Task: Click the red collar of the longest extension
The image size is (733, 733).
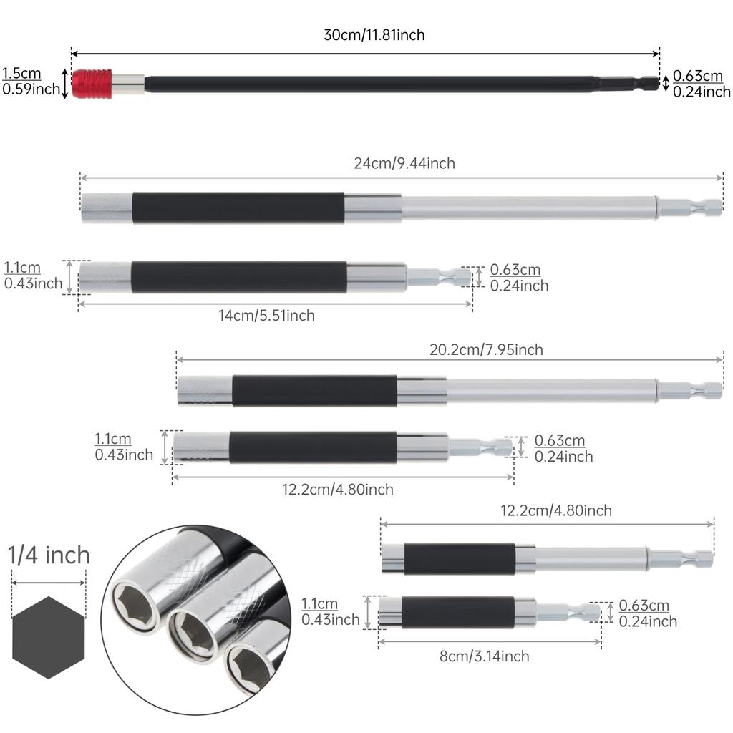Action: [92, 84]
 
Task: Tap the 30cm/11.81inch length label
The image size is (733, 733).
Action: [374, 35]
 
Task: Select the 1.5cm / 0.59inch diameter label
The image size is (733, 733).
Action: [29, 82]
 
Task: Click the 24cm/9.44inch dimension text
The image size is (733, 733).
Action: [404, 163]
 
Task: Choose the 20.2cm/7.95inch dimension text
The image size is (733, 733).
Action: [486, 349]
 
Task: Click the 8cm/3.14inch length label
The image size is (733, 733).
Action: [485, 656]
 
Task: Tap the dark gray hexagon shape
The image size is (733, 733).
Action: [49, 637]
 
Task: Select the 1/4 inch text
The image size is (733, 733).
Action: [49, 555]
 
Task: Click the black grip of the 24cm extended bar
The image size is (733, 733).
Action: [238, 208]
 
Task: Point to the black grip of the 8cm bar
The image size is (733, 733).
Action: [458, 613]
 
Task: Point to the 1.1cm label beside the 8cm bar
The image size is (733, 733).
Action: [319, 604]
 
